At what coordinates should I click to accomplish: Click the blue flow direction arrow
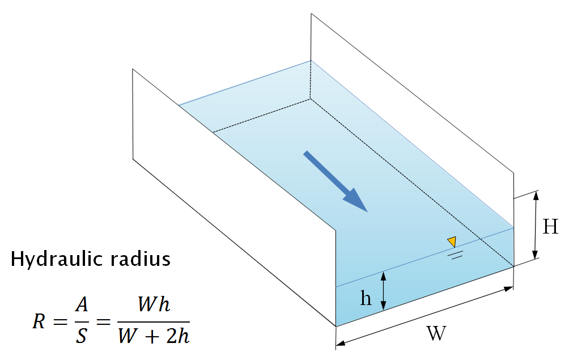[335, 181]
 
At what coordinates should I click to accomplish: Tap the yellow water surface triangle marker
[452, 242]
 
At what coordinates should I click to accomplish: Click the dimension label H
[550, 227]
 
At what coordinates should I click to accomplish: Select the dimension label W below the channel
[435, 333]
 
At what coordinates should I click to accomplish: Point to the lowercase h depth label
[367, 298]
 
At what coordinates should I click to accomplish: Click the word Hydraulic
[50, 260]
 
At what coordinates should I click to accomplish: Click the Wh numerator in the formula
[154, 305]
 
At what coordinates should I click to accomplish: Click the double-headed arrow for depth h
[384, 291]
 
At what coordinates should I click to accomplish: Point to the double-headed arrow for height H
[535, 225]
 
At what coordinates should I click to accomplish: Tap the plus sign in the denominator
[153, 337]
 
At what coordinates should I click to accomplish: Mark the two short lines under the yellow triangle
[454, 255]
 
